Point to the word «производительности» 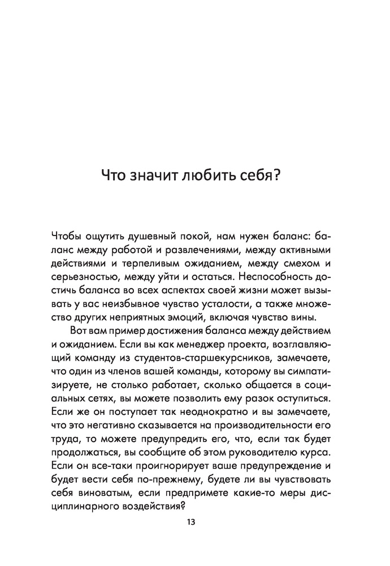pos(257,433)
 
